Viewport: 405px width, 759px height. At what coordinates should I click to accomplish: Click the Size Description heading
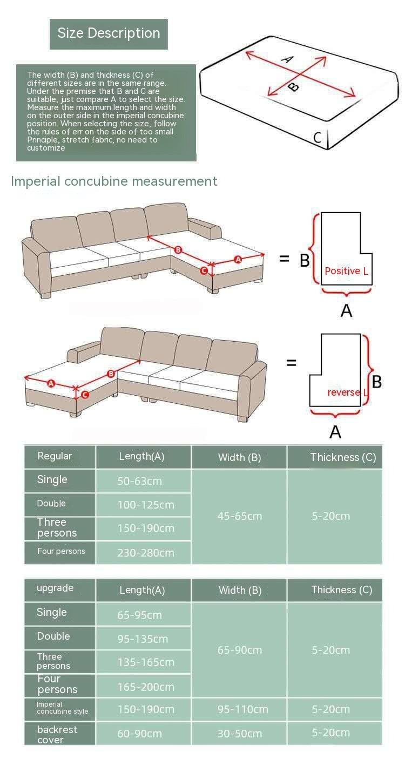point(109,33)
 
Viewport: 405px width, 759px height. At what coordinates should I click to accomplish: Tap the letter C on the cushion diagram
point(318,138)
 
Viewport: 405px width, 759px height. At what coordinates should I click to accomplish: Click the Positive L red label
point(346,271)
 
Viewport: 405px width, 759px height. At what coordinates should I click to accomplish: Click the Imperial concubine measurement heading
point(114,181)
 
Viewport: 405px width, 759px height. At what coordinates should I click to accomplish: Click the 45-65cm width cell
point(239,516)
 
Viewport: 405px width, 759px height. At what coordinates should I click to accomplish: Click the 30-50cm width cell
point(239,733)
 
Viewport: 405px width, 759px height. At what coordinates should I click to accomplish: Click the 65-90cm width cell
point(239,650)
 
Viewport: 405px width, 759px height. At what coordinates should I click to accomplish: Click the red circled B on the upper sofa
point(178,250)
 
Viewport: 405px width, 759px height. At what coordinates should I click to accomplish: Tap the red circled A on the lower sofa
point(51,383)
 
